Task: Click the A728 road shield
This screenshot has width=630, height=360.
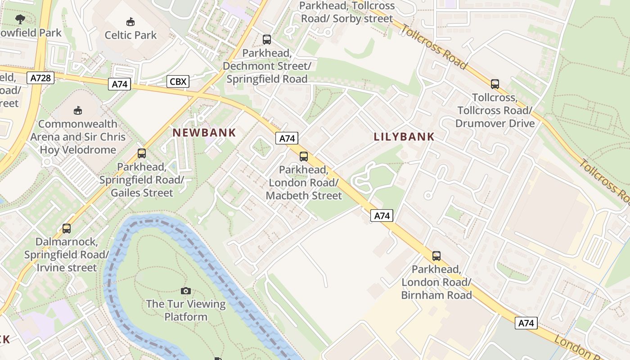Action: point(40,78)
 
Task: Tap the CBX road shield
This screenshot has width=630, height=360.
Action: point(178,81)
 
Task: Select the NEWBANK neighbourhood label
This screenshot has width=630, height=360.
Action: point(205,132)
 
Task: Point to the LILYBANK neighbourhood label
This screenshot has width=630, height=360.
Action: point(404,137)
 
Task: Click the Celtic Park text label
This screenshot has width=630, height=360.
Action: point(130,35)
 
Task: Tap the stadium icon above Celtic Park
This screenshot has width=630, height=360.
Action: point(130,21)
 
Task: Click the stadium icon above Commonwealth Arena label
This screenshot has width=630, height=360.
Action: point(78,110)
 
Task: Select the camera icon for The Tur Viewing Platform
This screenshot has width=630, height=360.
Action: point(185,291)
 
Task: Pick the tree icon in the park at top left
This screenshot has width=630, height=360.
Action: point(20,19)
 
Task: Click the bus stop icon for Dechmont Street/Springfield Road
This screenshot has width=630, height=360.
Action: point(267,40)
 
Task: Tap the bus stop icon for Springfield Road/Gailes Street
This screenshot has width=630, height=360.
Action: point(142,153)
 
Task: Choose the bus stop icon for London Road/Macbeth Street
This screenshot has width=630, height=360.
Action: point(304,157)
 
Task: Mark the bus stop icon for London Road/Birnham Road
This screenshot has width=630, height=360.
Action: point(436,256)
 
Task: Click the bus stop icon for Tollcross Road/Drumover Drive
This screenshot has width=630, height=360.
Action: point(495,84)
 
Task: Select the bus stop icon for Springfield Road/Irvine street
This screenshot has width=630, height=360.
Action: point(67,228)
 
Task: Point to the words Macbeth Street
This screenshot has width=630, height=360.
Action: point(304,196)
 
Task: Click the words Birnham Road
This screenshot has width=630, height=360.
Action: point(436,295)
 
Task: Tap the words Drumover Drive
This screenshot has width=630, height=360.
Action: point(495,123)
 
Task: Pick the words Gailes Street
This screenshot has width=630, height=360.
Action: point(142,193)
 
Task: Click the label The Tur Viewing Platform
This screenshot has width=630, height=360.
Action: point(185,310)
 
